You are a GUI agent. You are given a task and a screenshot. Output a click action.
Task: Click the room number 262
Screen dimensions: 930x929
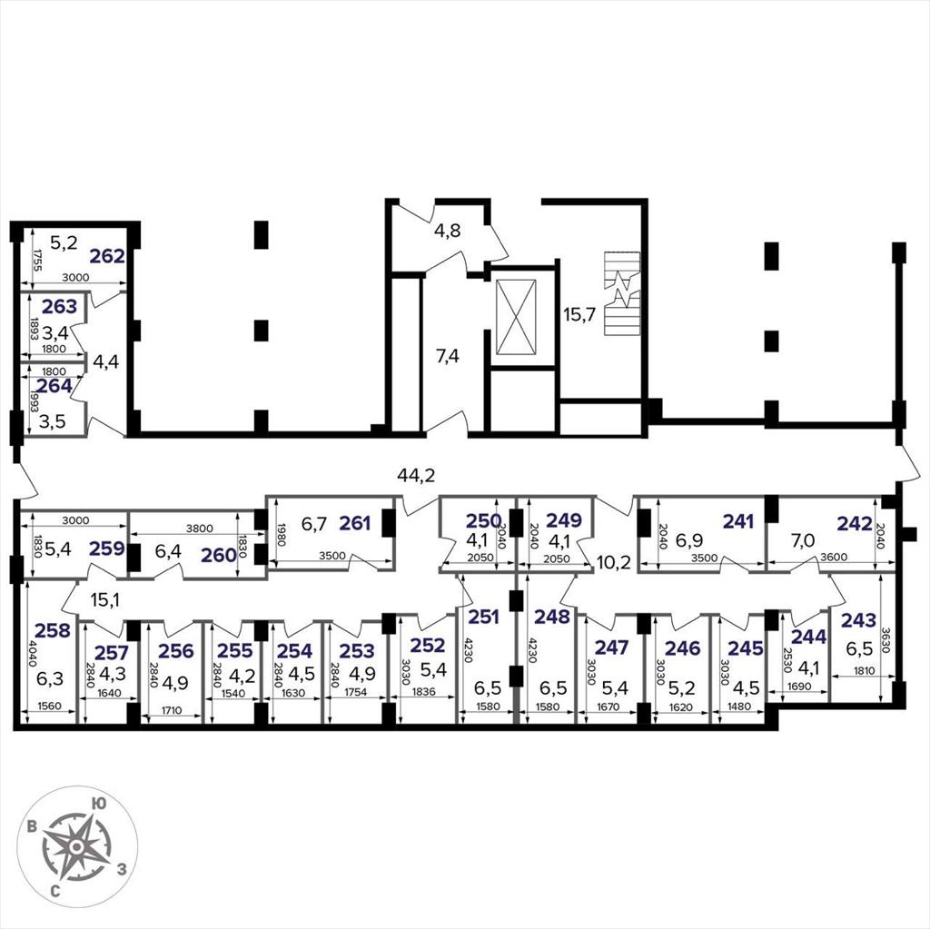pyautogui.click(x=107, y=256)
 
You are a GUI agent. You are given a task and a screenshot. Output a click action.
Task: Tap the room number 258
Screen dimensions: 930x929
pyautogui.click(x=52, y=630)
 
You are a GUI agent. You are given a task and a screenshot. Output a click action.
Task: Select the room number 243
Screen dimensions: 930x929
pyautogui.click(x=858, y=620)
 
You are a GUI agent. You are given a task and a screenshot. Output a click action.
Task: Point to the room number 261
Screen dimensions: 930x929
pyautogui.click(x=355, y=523)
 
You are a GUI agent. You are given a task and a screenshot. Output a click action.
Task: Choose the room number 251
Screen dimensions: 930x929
pyautogui.click(x=483, y=617)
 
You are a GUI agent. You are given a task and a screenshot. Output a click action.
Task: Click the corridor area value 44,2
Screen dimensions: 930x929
pyautogui.click(x=416, y=475)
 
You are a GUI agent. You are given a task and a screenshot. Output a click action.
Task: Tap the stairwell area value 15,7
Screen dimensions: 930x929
pyautogui.click(x=579, y=314)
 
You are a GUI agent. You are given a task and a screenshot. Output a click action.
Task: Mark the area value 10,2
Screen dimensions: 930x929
pyautogui.click(x=614, y=562)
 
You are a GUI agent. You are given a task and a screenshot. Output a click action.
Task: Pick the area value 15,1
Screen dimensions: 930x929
pyautogui.click(x=105, y=600)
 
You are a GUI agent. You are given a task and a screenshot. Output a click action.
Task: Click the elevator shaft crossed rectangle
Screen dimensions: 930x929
pyautogui.click(x=516, y=316)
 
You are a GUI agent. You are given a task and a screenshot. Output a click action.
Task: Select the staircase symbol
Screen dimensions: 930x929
pyautogui.click(x=622, y=293)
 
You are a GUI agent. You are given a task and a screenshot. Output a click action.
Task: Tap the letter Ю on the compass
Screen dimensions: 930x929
pyautogui.click(x=99, y=804)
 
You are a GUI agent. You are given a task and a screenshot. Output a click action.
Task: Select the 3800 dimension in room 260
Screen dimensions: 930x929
pyautogui.click(x=199, y=528)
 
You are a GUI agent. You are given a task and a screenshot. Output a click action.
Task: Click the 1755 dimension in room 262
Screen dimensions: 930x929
pyautogui.click(x=37, y=259)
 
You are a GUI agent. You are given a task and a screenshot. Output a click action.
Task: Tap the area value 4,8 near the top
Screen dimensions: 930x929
pyautogui.click(x=447, y=230)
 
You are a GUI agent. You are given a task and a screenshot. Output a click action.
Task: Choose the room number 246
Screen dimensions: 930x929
pyautogui.click(x=682, y=648)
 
